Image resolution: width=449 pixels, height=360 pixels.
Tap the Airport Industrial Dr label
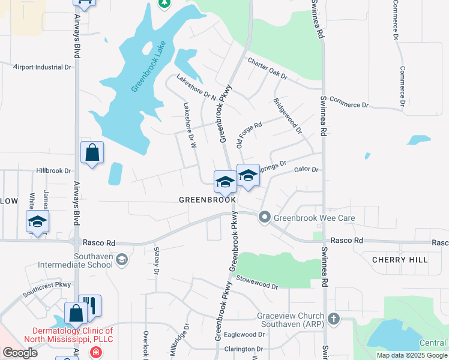[43, 67]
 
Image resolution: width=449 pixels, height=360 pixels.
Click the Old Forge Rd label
[250, 135]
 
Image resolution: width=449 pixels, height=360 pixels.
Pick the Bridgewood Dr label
[287, 116]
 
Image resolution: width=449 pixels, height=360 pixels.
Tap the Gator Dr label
[306, 170]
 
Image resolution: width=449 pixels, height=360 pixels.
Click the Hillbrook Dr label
[53, 170]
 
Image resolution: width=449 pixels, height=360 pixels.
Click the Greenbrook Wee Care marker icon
[264, 218]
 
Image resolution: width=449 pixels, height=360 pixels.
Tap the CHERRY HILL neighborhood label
[400, 260]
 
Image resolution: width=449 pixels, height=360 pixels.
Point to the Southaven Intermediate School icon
[122, 260]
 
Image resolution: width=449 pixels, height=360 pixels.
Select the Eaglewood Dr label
[244, 335]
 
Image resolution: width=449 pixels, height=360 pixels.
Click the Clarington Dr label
[244, 349]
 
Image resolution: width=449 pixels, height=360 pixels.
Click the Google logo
[20, 353]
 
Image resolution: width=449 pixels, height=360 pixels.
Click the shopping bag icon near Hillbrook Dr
[92, 153]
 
